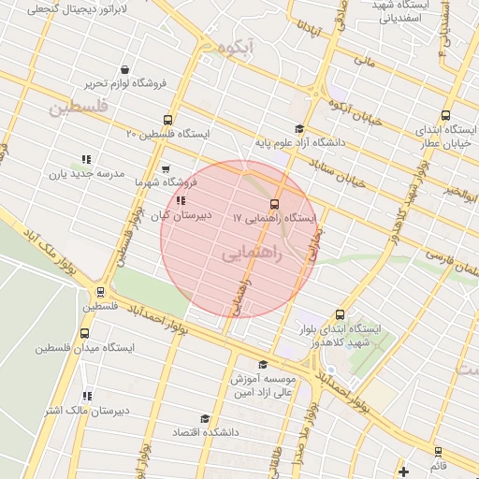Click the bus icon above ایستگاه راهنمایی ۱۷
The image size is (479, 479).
274,203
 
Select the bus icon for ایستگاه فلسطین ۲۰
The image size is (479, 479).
167,120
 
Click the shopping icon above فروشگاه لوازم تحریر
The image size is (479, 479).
125,69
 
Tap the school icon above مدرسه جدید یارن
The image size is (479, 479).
86,159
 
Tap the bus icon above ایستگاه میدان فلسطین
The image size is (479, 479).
85,333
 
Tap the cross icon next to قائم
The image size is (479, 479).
403,471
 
